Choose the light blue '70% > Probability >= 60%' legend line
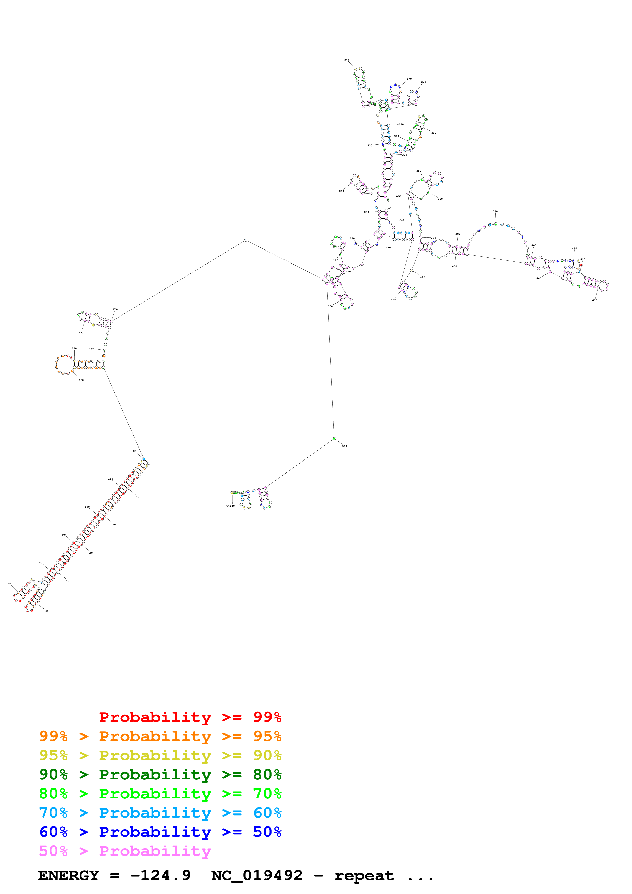[160, 813]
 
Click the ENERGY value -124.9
[160, 876]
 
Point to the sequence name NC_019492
[257, 876]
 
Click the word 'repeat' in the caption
[364, 876]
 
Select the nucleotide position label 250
[346, 60]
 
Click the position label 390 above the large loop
[495, 212]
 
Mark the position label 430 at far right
[595, 301]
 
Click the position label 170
[115, 310]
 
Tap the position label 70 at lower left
[9, 584]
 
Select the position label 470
[393, 300]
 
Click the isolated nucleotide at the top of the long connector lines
[245, 240]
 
